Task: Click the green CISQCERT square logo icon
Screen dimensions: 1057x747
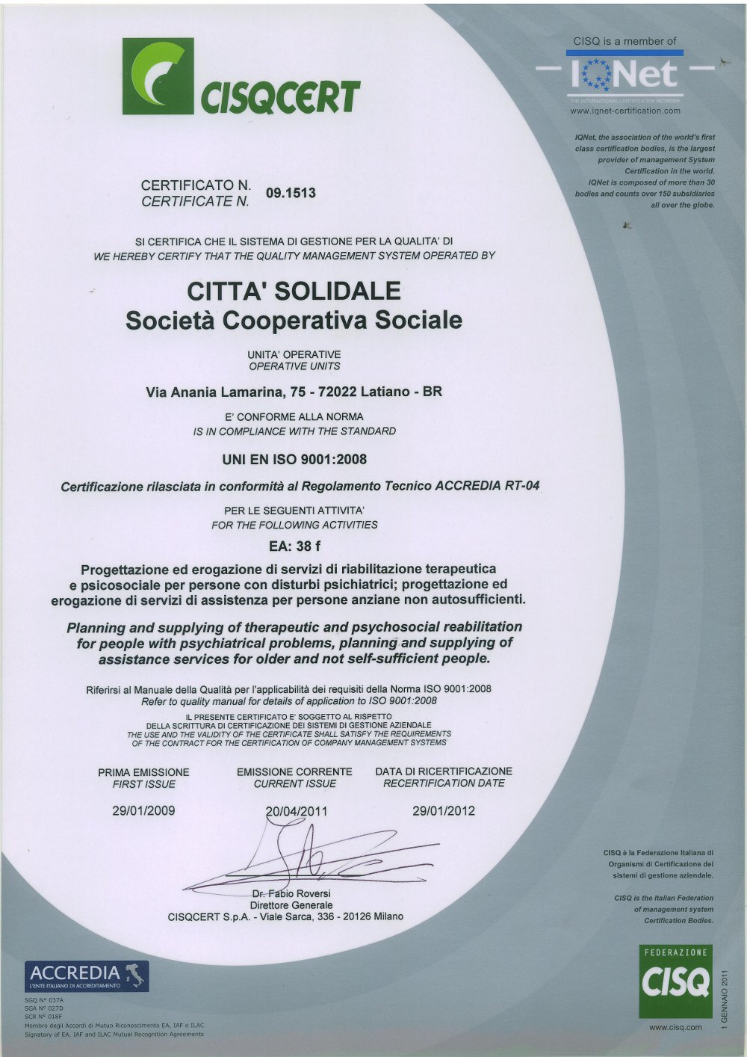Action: (158, 76)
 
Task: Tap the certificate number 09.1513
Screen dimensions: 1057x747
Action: (291, 193)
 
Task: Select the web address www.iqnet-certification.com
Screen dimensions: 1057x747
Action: (625, 111)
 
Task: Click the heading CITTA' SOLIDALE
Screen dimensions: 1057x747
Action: (294, 291)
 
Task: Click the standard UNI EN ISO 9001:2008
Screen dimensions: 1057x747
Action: (294, 459)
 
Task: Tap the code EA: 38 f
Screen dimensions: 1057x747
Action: (294, 546)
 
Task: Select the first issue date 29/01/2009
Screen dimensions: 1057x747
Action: (143, 810)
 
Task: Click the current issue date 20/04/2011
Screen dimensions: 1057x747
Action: (297, 811)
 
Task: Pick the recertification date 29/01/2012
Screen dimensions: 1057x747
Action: (444, 810)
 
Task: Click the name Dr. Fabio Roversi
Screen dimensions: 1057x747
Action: (291, 893)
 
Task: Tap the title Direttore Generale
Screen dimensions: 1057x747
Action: (291, 905)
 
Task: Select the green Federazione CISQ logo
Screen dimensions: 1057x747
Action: (676, 981)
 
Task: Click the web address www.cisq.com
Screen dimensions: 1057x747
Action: (675, 1027)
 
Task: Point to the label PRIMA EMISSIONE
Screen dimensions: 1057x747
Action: (143, 772)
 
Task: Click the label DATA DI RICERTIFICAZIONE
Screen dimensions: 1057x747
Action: (444, 771)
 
